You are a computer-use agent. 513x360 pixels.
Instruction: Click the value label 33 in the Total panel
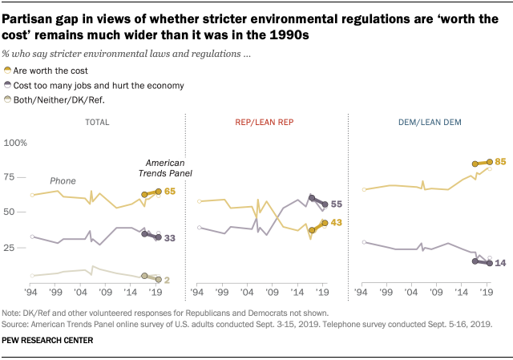point(171,238)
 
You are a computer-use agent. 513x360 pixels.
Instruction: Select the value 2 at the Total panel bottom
point(169,279)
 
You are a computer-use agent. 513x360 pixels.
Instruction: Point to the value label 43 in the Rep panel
point(337,222)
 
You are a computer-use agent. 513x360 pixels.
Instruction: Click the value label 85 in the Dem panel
point(502,161)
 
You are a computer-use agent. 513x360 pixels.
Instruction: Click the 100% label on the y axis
point(15,143)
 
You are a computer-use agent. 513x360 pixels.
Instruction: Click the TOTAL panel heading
point(99,122)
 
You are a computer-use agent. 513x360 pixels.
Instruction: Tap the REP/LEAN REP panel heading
point(263,122)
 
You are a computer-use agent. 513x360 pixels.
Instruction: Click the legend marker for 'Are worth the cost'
point(8,71)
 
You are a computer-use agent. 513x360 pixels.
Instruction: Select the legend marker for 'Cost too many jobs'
point(8,85)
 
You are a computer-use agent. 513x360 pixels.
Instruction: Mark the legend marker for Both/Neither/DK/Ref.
point(8,99)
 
